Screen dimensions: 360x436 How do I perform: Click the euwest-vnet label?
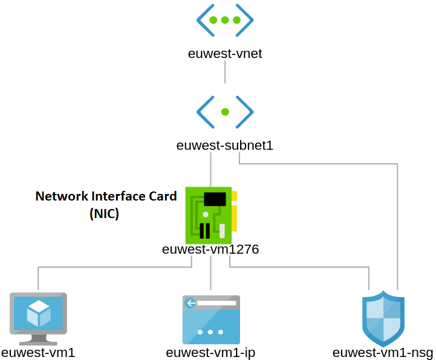[225, 53]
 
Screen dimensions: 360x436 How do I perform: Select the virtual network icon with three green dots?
[225, 21]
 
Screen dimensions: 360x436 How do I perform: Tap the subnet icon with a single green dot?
[225, 112]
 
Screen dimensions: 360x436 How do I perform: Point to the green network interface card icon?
[210, 215]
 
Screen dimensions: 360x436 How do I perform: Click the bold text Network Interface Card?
[106, 196]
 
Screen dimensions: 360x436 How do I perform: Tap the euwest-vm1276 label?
[210, 249]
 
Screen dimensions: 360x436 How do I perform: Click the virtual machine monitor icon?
[38, 313]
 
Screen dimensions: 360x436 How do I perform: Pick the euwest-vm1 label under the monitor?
[38, 352]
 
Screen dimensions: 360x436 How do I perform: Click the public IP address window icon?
[211, 320]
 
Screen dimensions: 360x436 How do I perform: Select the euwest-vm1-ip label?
[210, 352]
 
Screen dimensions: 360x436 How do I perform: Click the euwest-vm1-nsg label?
[383, 352]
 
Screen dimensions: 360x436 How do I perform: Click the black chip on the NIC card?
[215, 199]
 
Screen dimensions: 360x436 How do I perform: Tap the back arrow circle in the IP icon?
[190, 303]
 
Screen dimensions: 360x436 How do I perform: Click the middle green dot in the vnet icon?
[225, 21]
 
